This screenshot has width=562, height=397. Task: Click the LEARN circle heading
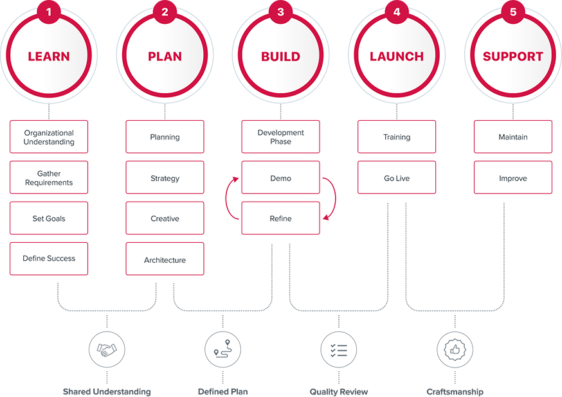49,57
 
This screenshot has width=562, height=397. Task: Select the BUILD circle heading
280,57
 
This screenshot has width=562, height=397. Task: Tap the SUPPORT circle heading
512,57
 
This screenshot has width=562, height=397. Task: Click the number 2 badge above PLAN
165,12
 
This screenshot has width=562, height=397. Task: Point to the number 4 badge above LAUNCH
397,12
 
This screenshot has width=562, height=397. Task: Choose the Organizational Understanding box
49,137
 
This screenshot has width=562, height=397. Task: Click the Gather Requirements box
49,178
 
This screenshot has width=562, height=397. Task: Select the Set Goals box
49,218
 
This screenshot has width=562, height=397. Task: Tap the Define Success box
49,258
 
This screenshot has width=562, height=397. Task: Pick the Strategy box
165,178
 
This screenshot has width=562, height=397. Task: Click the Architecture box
165,260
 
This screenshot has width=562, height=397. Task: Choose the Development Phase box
280,137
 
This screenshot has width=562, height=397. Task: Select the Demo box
280,178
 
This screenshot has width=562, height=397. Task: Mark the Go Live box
397,178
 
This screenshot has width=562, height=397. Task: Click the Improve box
512,178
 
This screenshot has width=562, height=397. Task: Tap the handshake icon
107,350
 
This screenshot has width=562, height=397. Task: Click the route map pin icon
222,350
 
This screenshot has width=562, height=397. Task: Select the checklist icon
338,350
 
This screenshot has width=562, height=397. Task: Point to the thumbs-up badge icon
455,350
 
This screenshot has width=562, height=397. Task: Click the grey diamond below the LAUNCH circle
397,112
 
